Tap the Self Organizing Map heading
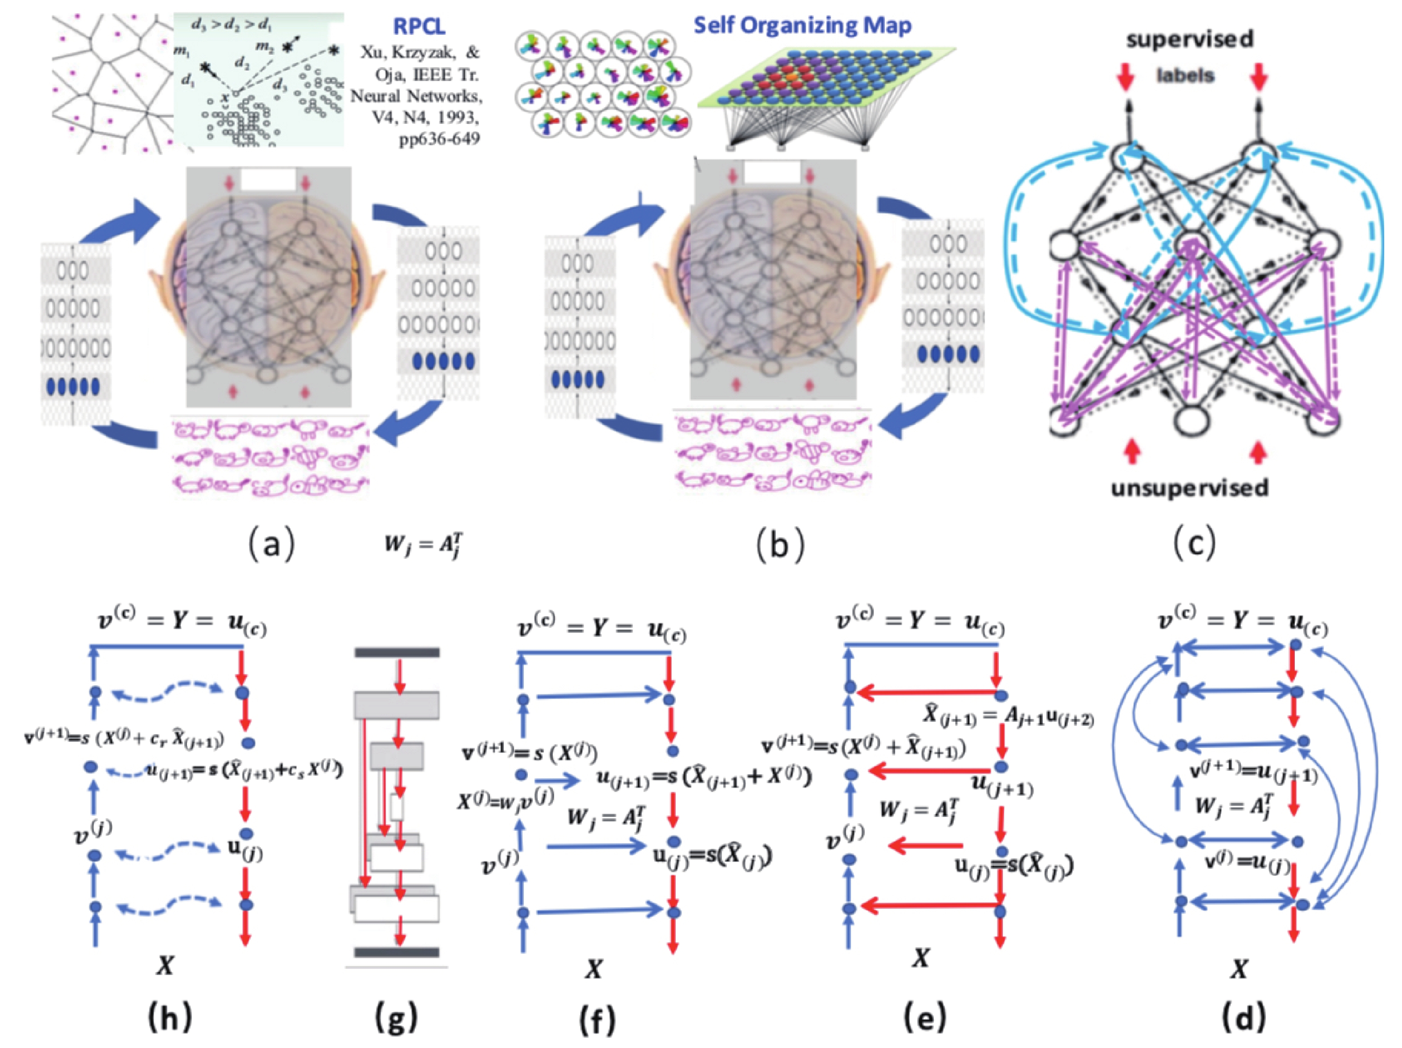pyautogui.click(x=802, y=25)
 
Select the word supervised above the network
pyautogui.click(x=1190, y=39)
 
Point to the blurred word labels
pyautogui.click(x=1185, y=76)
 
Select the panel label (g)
pyautogui.click(x=396, y=1018)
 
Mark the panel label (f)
pyautogui.click(x=597, y=1018)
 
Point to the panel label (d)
pyautogui.click(x=1244, y=1018)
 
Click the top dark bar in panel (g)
pyautogui.click(x=397, y=652)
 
